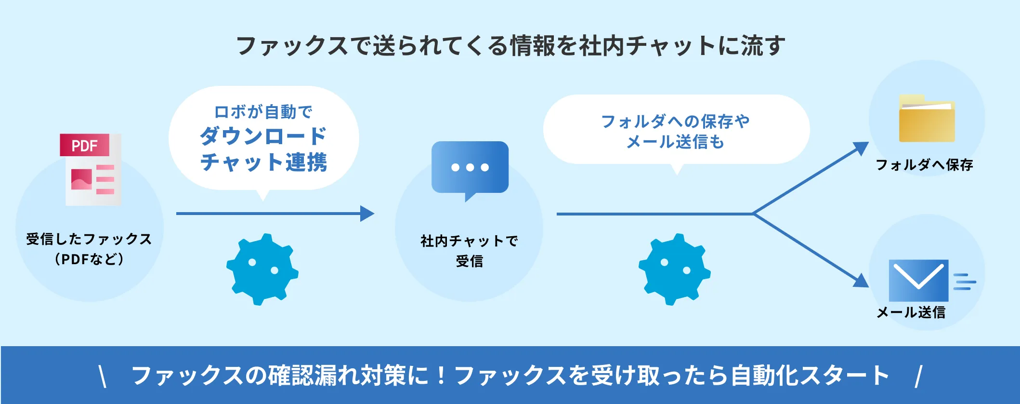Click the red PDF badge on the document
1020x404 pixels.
(84, 145)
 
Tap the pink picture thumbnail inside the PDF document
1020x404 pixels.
(81, 179)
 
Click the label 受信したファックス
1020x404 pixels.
(89, 239)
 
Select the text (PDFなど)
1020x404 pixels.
(89, 259)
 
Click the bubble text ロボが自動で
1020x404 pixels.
(263, 112)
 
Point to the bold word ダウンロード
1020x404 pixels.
(263, 136)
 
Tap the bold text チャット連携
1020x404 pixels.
(263, 162)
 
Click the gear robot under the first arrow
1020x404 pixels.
(262, 269)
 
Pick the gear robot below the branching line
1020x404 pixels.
(674, 269)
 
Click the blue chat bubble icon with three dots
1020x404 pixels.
(470, 168)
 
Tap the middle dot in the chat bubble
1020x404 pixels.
(470, 168)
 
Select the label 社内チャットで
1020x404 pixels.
(469, 241)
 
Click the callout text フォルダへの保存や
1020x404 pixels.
(675, 121)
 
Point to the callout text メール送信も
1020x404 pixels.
(675, 142)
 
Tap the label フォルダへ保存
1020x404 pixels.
(924, 165)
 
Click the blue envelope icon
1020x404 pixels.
(918, 280)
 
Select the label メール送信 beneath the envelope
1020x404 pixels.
(911, 312)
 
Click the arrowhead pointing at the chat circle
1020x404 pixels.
(367, 214)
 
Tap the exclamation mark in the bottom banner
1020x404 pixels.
(441, 376)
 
